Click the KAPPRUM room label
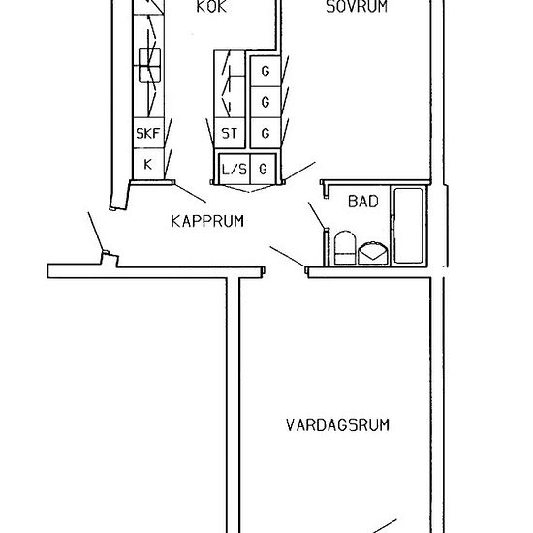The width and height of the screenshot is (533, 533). tap(207, 221)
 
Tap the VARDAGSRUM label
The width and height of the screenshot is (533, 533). tap(337, 425)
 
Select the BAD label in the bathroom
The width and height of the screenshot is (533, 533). tap(363, 202)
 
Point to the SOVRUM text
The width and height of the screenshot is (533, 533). tap(357, 7)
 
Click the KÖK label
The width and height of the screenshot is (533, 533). tap(211, 7)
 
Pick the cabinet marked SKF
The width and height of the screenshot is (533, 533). tap(148, 133)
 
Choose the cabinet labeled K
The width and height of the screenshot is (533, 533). tap(148, 164)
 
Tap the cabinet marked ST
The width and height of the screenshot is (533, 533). tap(230, 133)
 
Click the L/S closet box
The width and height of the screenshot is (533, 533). tap(235, 169)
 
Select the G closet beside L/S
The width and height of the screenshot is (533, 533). tap(263, 169)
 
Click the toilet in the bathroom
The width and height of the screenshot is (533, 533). tap(345, 247)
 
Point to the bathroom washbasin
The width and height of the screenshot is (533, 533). tap(373, 253)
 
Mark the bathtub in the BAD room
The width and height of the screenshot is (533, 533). tap(409, 226)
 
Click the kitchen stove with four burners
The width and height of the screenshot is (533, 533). tap(149, 66)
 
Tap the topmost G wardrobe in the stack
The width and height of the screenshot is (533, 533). tap(266, 71)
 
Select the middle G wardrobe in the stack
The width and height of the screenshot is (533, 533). tap(266, 102)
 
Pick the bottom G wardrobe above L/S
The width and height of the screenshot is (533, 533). tap(266, 133)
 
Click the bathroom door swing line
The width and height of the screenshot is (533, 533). tap(317, 215)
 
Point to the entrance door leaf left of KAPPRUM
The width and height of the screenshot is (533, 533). tap(96, 232)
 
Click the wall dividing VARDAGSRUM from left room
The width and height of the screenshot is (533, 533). tap(234, 405)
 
